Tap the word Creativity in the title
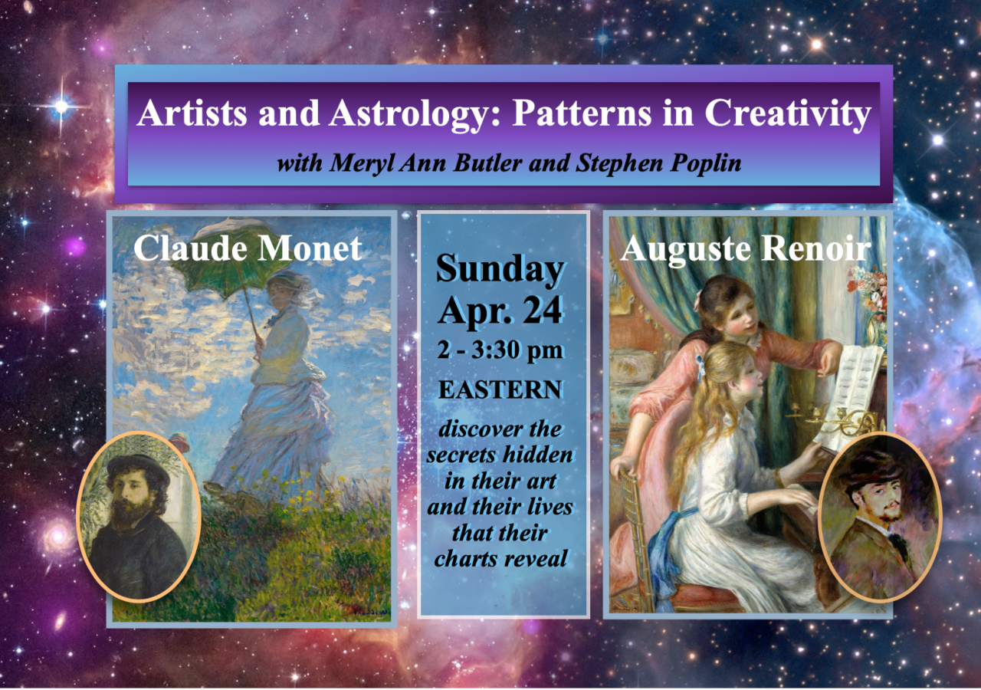coord(787,114)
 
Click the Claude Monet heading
coord(248,248)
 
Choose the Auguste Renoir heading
coord(745,248)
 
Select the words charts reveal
coord(500,559)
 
